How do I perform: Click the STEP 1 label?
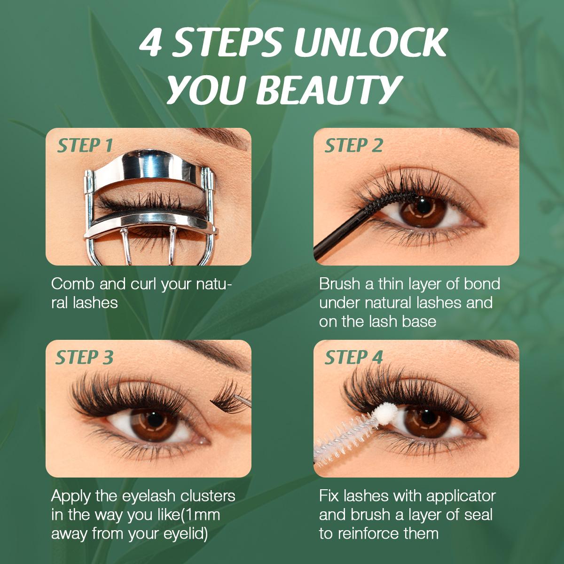click(x=85, y=146)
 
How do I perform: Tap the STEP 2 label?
click(x=353, y=146)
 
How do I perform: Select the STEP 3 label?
click(x=85, y=358)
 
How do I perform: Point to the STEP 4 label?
click(x=353, y=358)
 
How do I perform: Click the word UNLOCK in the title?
click(x=369, y=44)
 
